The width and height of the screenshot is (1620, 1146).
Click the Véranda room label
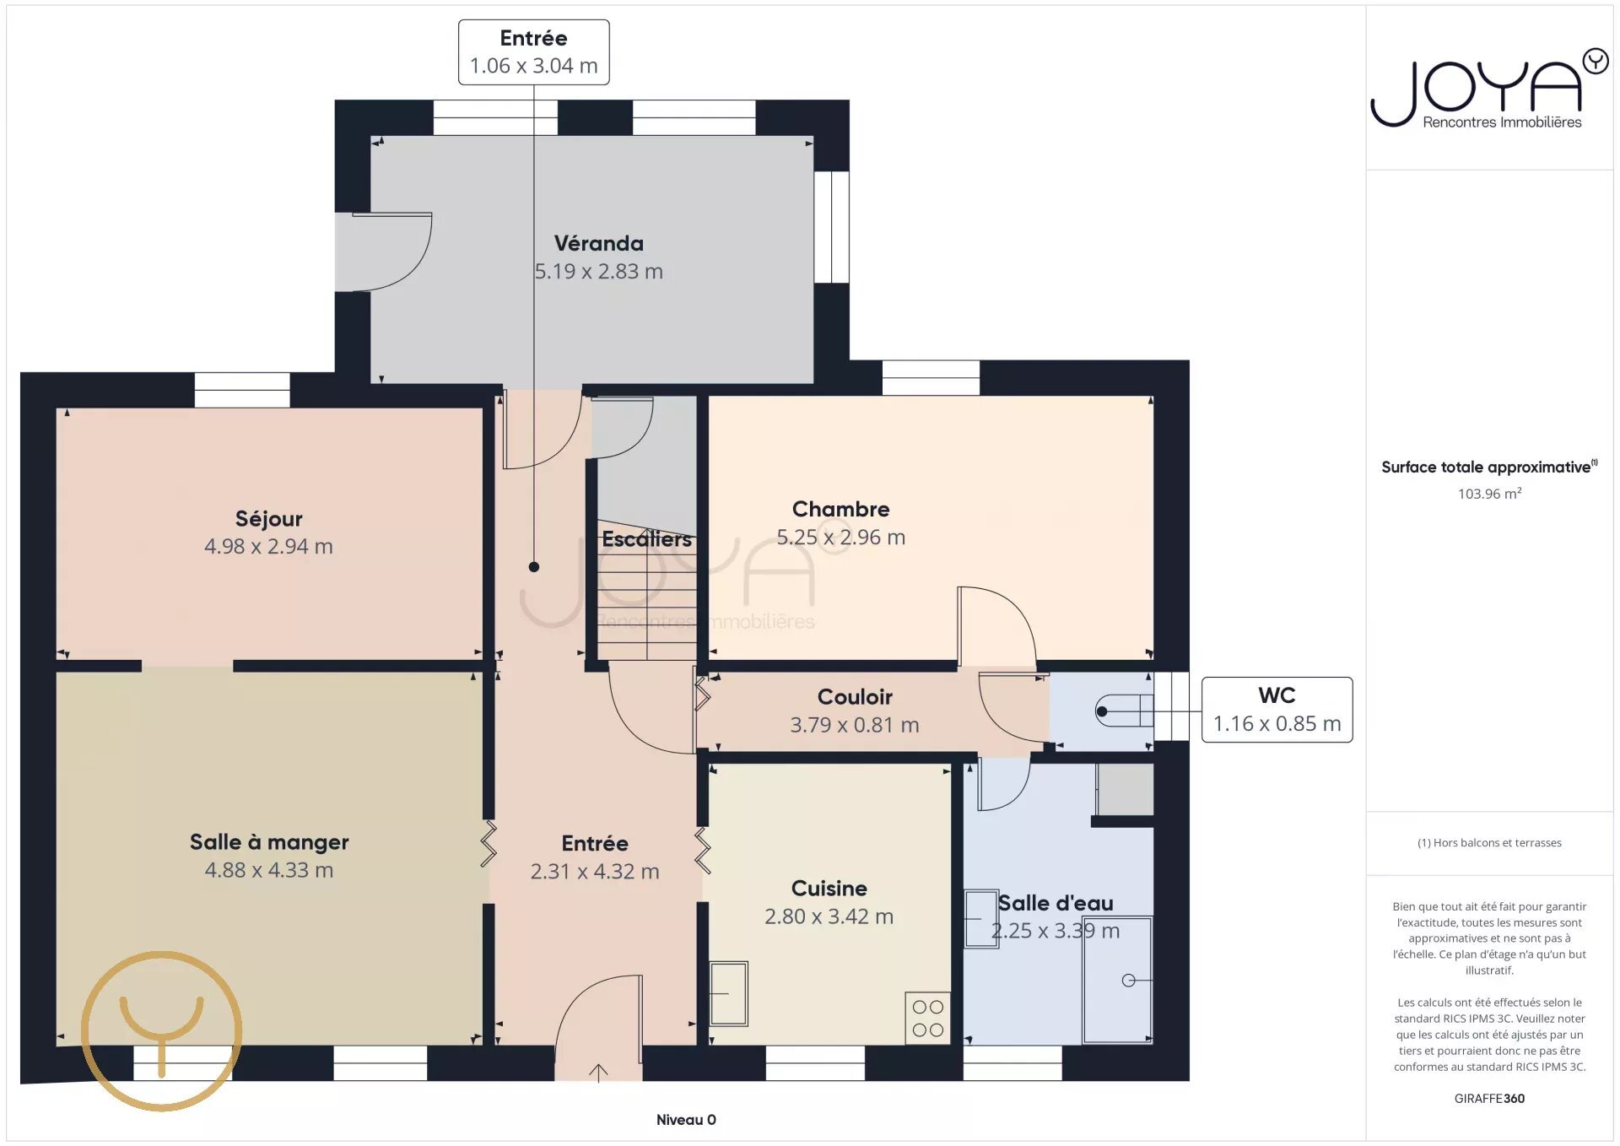[598, 244]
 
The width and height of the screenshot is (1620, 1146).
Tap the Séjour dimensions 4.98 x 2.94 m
[268, 547]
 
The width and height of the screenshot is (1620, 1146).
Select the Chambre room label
[840, 510]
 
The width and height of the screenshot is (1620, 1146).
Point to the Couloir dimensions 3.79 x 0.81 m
[855, 725]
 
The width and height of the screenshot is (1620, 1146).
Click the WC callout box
[1277, 710]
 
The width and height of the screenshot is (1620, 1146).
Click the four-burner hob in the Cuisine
[927, 1018]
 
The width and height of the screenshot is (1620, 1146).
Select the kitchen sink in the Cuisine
[728, 993]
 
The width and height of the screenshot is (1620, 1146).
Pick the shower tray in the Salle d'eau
[1117, 980]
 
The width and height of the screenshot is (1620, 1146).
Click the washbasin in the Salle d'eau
[981, 919]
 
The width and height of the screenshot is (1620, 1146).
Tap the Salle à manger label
[269, 842]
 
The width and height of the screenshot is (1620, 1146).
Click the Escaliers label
[646, 539]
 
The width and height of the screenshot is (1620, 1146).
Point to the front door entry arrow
[598, 1072]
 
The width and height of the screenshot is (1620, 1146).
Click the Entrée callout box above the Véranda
[533, 52]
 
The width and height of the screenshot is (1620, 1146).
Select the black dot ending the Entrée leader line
[534, 567]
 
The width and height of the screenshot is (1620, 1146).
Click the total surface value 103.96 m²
[1489, 494]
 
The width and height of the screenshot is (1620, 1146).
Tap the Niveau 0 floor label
[686, 1120]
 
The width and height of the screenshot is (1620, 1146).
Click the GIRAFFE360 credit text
[1489, 1099]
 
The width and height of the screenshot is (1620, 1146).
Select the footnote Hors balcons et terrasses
[1489, 843]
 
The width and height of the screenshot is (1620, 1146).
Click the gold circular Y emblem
[162, 1030]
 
